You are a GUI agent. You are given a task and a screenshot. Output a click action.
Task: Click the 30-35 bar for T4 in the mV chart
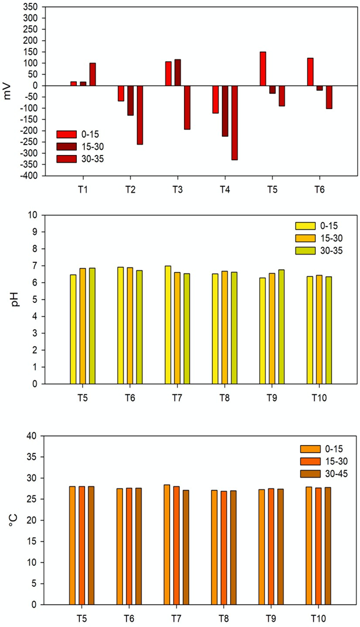(235, 122)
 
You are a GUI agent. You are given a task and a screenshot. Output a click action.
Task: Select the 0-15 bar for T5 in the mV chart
(263, 69)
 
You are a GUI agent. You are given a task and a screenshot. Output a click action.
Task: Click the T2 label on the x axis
(130, 190)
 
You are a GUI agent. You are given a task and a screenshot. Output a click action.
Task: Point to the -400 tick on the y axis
(30, 175)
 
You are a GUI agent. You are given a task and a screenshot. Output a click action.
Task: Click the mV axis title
(8, 91)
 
